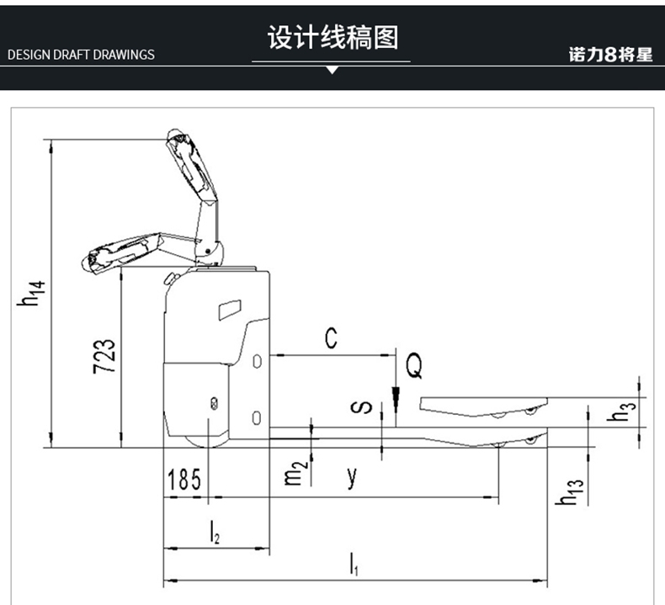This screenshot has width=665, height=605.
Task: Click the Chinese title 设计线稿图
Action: point(332,38)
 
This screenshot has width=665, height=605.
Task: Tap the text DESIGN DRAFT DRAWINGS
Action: point(81,55)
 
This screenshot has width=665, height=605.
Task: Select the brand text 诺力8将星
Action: point(610,56)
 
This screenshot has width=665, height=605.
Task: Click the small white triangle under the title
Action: point(332,71)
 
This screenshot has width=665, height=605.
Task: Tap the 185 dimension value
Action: point(184,480)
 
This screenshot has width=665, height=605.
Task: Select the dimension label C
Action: point(332,338)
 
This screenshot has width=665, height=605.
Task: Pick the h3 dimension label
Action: point(623,412)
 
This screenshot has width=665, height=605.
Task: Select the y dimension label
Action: point(353,477)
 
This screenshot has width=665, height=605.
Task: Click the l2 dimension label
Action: point(215,532)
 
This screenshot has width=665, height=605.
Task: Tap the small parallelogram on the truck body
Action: point(228,310)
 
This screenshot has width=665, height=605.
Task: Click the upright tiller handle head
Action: point(184,151)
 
